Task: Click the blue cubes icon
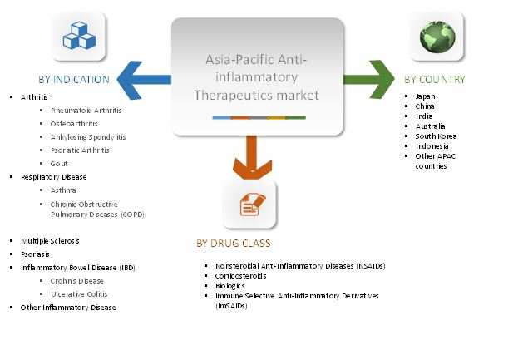click(x=79, y=36)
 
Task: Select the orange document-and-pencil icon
click(x=250, y=204)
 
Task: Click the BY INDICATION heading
click(x=73, y=80)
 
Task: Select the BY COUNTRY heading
click(x=435, y=80)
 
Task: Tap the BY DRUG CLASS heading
click(x=233, y=244)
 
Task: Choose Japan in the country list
click(x=427, y=96)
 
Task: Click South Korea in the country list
click(x=437, y=136)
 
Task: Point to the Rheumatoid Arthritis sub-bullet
click(x=85, y=111)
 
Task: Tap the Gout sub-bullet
click(x=59, y=164)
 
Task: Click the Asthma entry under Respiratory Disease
click(x=63, y=190)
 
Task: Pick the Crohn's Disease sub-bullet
click(x=77, y=281)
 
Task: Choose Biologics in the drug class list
click(x=230, y=286)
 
